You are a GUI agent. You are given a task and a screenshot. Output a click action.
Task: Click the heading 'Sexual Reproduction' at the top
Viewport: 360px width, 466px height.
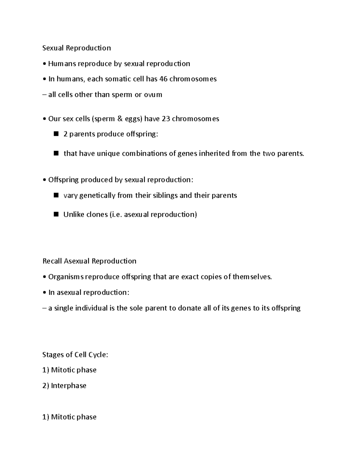pos(76,48)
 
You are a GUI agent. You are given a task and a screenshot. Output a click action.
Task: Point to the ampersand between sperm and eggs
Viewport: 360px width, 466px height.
pos(120,119)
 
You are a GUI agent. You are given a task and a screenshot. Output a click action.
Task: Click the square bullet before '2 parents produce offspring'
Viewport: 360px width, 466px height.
pos(56,134)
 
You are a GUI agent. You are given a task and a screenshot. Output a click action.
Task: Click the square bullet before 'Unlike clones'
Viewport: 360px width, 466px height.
pos(56,214)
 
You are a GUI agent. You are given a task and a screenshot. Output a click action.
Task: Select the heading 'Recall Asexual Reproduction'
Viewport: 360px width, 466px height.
pos(89,261)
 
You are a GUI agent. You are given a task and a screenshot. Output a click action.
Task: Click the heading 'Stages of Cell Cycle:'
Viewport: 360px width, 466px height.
pos(75,355)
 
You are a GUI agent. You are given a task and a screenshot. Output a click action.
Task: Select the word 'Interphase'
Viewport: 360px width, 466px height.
pos(69,386)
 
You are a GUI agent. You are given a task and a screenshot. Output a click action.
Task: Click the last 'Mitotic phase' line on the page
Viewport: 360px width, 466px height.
pos(69,417)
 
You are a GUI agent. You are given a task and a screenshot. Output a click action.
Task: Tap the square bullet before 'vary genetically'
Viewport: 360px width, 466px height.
pos(56,195)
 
